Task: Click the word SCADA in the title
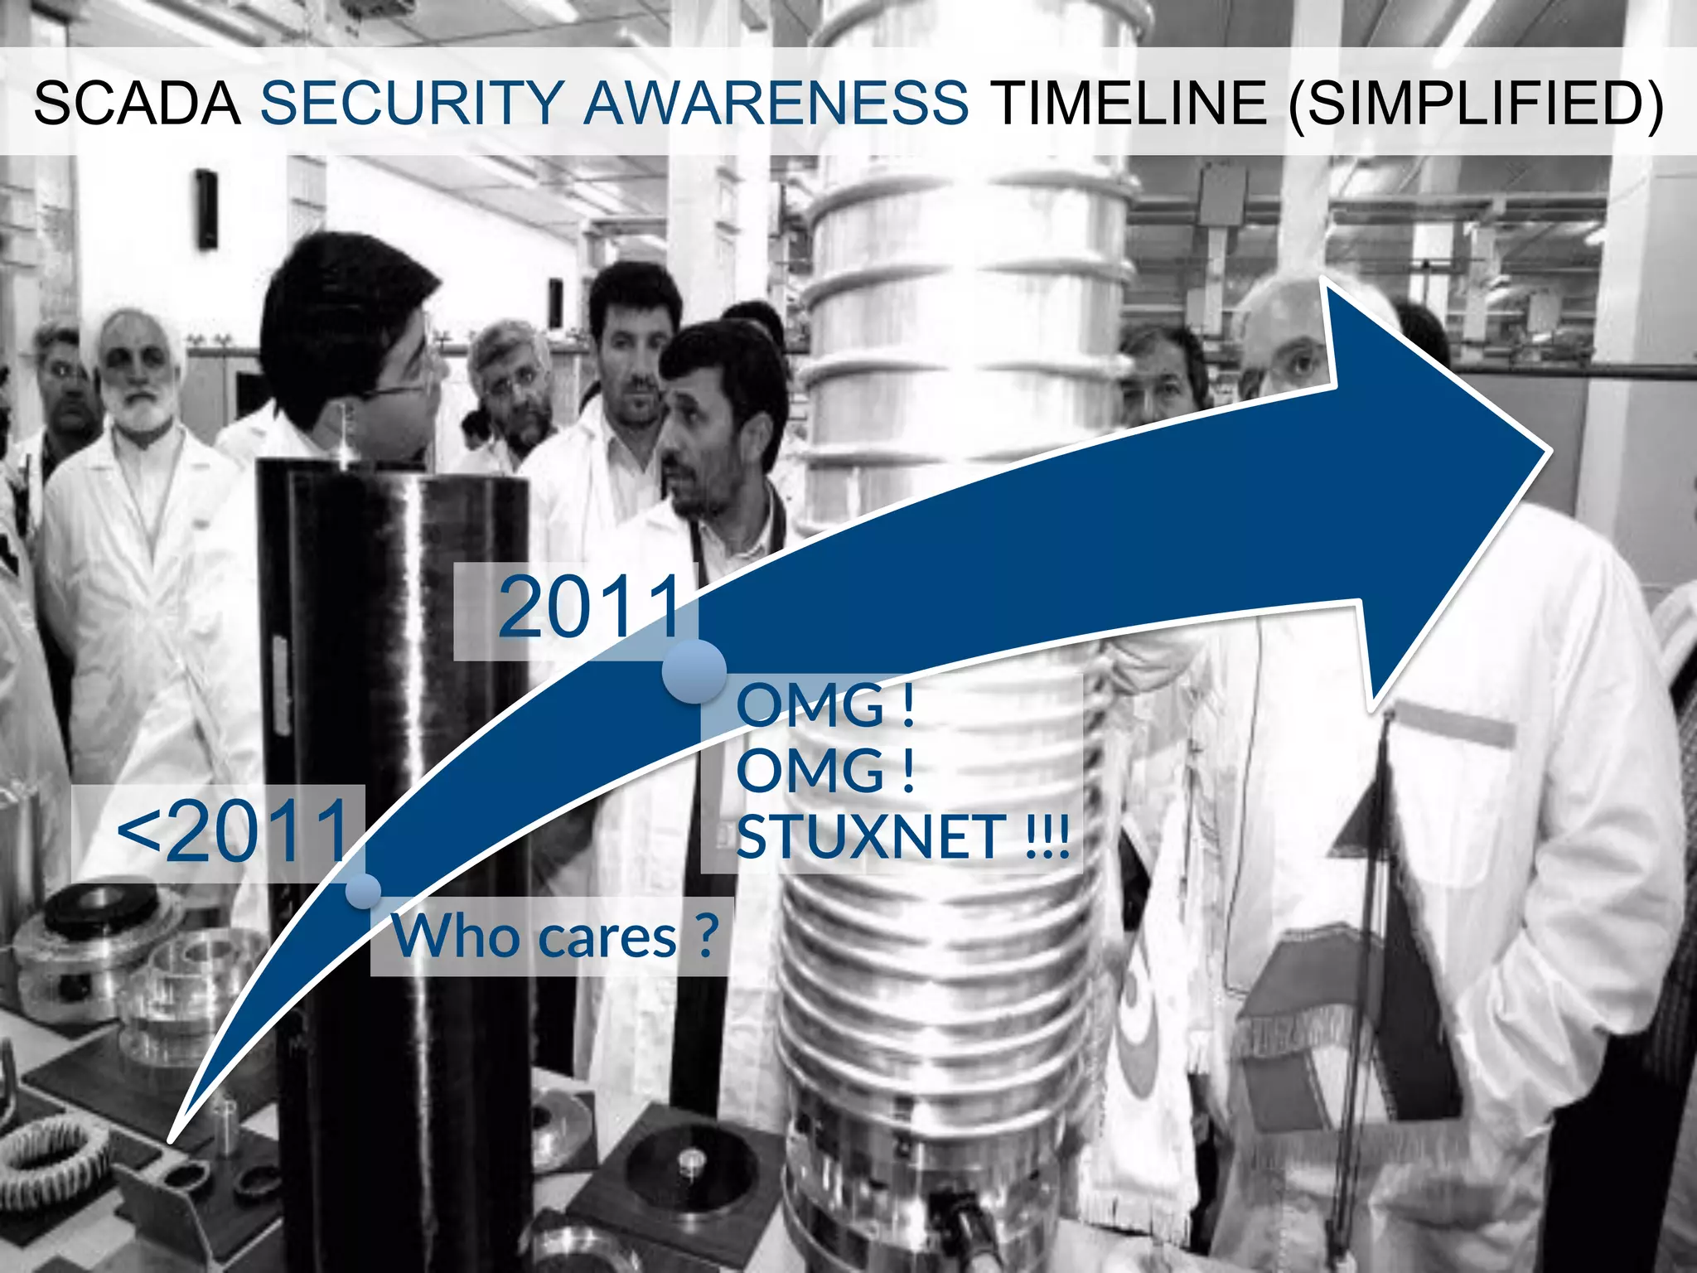pyautogui.click(x=137, y=103)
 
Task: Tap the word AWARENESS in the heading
pyautogui.click(x=776, y=103)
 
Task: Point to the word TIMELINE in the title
pyautogui.click(x=1131, y=103)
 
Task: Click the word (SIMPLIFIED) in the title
pyautogui.click(x=1476, y=103)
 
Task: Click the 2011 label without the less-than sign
pyautogui.click(x=590, y=609)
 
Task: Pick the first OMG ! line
pyautogui.click(x=825, y=706)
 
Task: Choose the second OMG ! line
pyautogui.click(x=825, y=771)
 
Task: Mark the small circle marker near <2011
pyautogui.click(x=363, y=891)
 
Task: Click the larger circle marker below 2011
pyautogui.click(x=694, y=670)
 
